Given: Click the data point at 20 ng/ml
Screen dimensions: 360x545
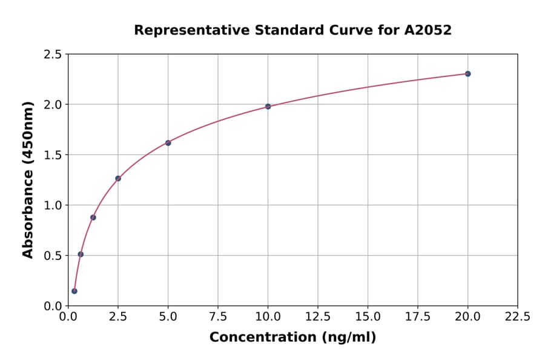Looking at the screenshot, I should [x=467, y=74].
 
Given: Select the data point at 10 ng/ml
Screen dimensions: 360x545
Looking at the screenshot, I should [x=268, y=107].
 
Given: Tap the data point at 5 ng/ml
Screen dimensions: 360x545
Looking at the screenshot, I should [x=168, y=143].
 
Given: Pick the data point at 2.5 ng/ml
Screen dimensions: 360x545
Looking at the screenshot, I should [x=118, y=178].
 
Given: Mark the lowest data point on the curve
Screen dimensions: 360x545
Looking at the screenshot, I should [x=74, y=291].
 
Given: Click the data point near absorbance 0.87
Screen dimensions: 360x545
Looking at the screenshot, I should [x=93, y=218].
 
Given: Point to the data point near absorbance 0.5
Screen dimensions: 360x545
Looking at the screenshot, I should [x=81, y=255].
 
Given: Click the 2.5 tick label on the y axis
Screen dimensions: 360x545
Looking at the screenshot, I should [x=53, y=55].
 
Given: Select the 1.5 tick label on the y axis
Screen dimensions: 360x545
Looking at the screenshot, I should [x=53, y=155].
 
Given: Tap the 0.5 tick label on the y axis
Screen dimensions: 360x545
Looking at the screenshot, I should [x=53, y=256].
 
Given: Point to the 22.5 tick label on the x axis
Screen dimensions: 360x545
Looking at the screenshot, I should [x=517, y=317].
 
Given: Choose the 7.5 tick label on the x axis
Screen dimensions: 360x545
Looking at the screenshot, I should [x=218, y=317].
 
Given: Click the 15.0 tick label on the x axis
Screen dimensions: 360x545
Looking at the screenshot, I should [x=368, y=317].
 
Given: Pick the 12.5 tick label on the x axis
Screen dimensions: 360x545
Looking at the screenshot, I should [x=318, y=317].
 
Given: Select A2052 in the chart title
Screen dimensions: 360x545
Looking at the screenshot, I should [x=428, y=30].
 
